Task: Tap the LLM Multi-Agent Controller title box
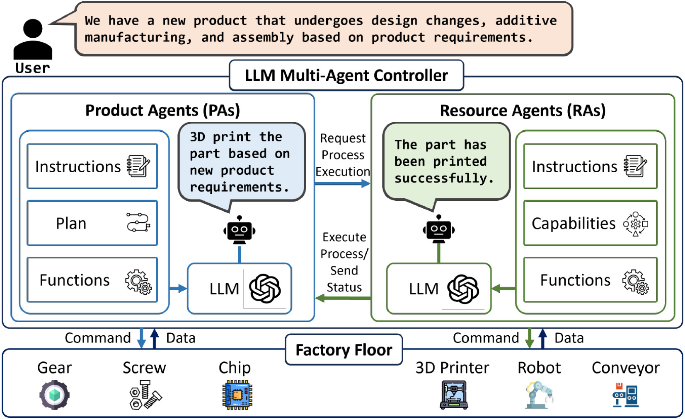[346, 75]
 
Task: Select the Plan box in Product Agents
[92, 223]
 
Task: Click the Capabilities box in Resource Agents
[590, 223]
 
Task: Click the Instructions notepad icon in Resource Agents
[635, 166]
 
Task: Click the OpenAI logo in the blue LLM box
[265, 288]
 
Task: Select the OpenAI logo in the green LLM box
[463, 288]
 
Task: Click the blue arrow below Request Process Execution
[342, 183]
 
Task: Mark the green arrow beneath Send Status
[342, 298]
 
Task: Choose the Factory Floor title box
[344, 350]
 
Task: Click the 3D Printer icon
[454, 395]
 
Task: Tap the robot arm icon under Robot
[540, 395]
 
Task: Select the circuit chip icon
[237, 395]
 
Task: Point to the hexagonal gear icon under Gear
[54, 395]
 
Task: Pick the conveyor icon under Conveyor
[625, 395]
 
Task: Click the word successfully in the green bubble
[444, 178]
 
